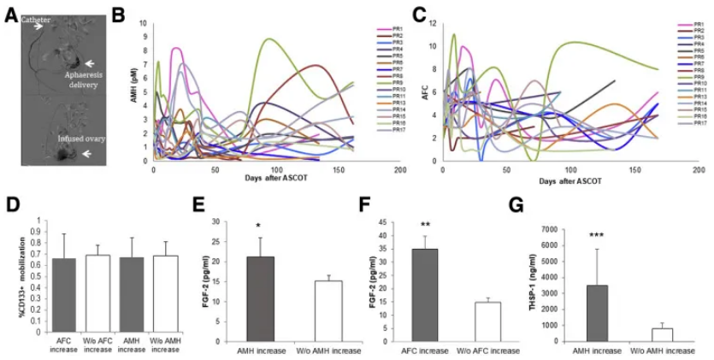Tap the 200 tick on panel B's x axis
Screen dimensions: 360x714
(398, 170)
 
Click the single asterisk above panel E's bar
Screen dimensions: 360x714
(260, 225)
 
